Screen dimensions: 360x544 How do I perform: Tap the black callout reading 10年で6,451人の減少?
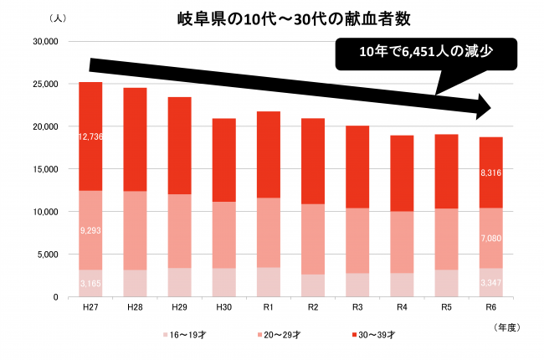pyautogui.click(x=424, y=53)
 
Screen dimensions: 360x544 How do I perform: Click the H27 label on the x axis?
pyautogui.click(x=90, y=307)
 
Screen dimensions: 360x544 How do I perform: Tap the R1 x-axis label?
pyautogui.click(x=269, y=307)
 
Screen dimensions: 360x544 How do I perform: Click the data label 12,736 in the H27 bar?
pyautogui.click(x=90, y=136)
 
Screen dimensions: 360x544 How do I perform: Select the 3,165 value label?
pyautogui.click(x=90, y=285)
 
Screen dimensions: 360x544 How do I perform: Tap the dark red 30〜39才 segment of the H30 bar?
pyautogui.click(x=224, y=159)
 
